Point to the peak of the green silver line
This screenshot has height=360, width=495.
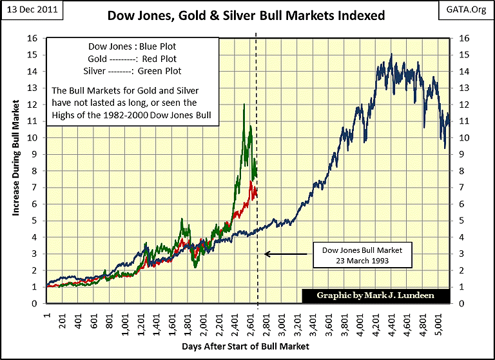pos(244,104)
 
